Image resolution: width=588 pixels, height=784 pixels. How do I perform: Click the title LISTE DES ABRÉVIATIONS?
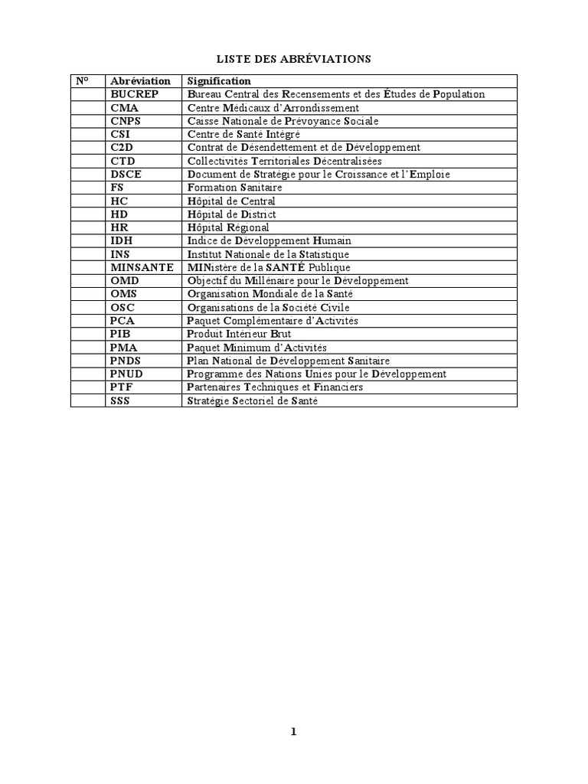pyautogui.click(x=294, y=59)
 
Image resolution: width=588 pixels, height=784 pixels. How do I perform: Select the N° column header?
pyautogui.click(x=82, y=80)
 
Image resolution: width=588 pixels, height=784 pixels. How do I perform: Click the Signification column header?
pyautogui.click(x=218, y=80)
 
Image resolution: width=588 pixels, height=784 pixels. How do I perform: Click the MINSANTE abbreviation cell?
pyautogui.click(x=142, y=267)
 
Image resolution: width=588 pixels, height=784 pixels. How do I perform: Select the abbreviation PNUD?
pyautogui.click(x=126, y=374)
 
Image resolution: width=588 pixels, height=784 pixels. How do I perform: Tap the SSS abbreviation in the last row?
pyautogui.click(x=121, y=400)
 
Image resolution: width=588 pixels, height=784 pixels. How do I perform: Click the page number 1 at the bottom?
pyautogui.click(x=293, y=731)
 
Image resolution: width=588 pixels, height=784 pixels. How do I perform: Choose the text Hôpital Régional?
pyautogui.click(x=228, y=227)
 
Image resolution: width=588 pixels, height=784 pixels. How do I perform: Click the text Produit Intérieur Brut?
pyautogui.click(x=239, y=334)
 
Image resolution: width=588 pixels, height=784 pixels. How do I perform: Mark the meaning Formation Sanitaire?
pyautogui.click(x=234, y=188)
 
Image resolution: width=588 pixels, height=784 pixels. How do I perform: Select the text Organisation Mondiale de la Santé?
pyautogui.click(x=270, y=294)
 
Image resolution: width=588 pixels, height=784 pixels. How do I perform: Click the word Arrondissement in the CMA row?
pyautogui.click(x=322, y=107)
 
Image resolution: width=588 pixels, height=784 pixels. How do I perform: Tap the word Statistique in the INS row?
pyautogui.click(x=322, y=254)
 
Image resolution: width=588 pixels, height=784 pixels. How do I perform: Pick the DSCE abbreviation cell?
pyautogui.click(x=126, y=174)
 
